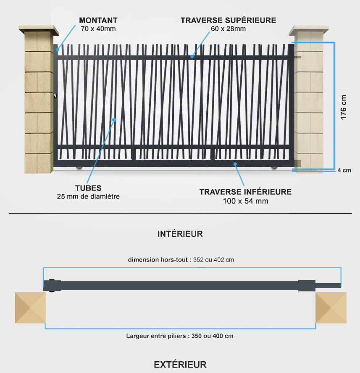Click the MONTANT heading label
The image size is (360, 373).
[98, 21]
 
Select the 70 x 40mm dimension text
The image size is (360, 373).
[98, 29]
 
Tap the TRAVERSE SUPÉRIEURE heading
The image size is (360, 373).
[229, 20]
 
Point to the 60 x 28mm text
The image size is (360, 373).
[229, 29]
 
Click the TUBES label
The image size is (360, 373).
[88, 188]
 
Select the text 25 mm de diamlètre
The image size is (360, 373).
[88, 196]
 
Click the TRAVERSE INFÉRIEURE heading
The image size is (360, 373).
[245, 192]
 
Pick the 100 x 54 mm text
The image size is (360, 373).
[245, 201]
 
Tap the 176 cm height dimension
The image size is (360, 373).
[343, 107]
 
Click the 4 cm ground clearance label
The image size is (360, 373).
[344, 170]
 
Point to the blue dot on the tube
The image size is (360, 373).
[114, 120]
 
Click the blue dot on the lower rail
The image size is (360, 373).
[235, 164]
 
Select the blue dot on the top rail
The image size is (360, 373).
[192, 56]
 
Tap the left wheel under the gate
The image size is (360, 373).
[79, 168]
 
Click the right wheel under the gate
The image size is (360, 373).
[274, 168]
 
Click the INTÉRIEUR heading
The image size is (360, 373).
[180, 234]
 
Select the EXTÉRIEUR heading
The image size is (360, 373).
[180, 365]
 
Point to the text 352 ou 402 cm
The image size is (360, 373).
[213, 260]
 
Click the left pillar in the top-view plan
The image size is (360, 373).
[30, 308]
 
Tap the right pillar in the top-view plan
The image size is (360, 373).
[331, 308]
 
